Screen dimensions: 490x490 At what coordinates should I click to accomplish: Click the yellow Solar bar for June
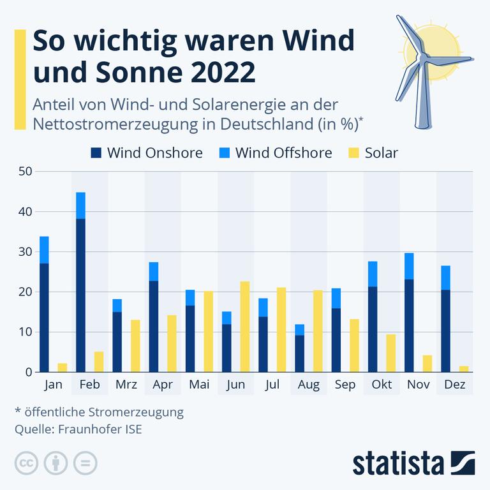click(245, 327)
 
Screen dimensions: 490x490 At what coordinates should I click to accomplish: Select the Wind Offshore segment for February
click(80, 205)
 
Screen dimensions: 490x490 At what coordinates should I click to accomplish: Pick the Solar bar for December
click(464, 369)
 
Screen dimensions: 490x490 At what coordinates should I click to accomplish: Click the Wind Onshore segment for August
click(299, 353)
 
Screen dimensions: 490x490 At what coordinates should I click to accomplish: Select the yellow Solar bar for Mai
click(209, 331)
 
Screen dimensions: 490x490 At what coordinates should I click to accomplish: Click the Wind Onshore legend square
click(96, 152)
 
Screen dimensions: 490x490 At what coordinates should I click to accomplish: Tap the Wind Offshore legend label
click(283, 152)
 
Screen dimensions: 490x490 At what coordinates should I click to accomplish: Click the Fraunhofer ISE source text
click(99, 429)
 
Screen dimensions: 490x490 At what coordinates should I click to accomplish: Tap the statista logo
click(413, 462)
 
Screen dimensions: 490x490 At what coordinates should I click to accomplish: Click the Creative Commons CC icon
click(26, 462)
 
